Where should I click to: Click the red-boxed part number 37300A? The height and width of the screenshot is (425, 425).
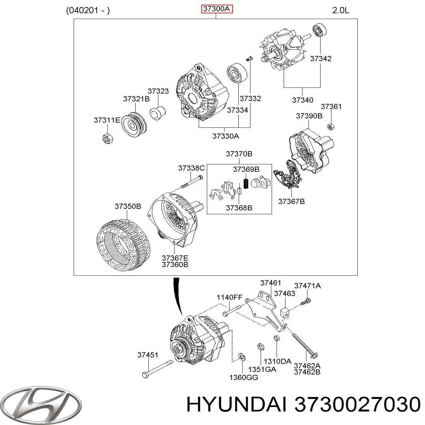tap(217, 10)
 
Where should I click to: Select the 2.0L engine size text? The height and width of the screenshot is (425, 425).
tap(341, 10)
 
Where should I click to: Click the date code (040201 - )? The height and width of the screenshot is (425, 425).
tap(88, 10)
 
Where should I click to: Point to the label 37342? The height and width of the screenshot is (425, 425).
tap(321, 59)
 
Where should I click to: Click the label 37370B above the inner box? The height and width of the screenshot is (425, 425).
tap(239, 154)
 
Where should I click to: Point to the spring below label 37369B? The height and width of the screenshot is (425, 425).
tap(244, 184)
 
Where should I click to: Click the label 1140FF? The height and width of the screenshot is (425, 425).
tap(229, 298)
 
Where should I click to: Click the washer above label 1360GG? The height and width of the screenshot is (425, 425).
tap(242, 356)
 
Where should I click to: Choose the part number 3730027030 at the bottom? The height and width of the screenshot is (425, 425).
tap(356, 404)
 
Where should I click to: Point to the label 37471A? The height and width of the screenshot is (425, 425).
tap(307, 285)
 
